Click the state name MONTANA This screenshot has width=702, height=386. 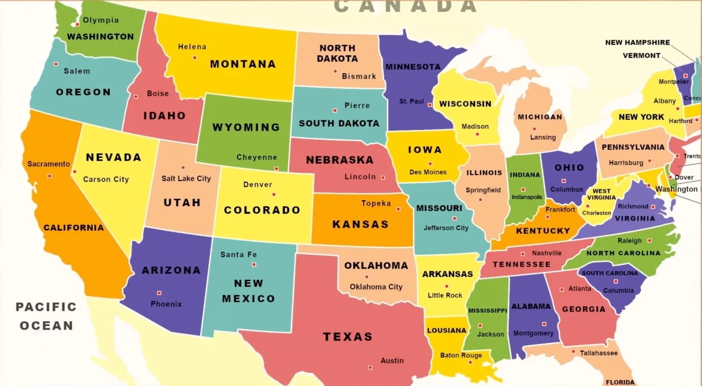pyautogui.click(x=242, y=64)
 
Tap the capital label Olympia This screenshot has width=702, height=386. pyautogui.click(x=101, y=20)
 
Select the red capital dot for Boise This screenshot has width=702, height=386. pyautogui.click(x=136, y=96)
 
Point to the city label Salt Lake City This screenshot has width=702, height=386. pyautogui.click(x=186, y=179)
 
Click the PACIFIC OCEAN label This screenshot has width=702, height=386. pyautogui.click(x=46, y=316)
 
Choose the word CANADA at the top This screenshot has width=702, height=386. pyautogui.click(x=406, y=7)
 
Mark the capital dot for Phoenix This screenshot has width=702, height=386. pyautogui.click(x=159, y=293)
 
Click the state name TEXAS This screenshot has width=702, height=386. pyautogui.click(x=348, y=337)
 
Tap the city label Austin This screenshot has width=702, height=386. pyautogui.click(x=392, y=361)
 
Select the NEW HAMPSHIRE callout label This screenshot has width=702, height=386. pyautogui.click(x=637, y=43)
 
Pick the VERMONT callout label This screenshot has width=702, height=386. pyautogui.click(x=641, y=56)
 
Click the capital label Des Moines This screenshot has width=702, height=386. pyautogui.click(x=428, y=173)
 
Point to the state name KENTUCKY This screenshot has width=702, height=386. pyautogui.click(x=543, y=231)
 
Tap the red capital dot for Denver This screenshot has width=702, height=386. pyautogui.click(x=274, y=194)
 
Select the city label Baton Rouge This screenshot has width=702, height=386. pyautogui.click(x=461, y=355)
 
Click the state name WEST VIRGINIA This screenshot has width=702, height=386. pyautogui.click(x=601, y=195)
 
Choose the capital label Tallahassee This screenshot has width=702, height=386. pyautogui.click(x=598, y=353)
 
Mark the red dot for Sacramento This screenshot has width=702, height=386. pyautogui.click(x=49, y=176)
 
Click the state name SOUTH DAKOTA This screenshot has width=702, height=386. pyautogui.click(x=339, y=123)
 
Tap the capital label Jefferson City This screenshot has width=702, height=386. pyautogui.click(x=446, y=228)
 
